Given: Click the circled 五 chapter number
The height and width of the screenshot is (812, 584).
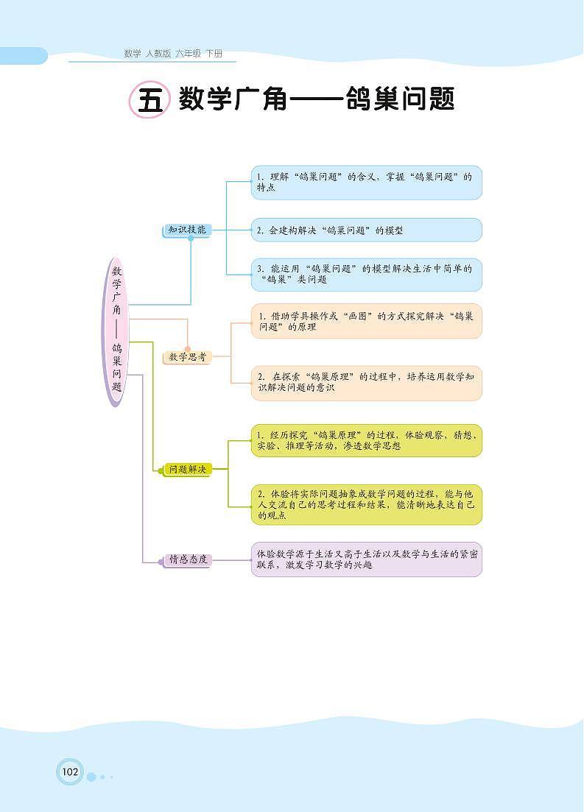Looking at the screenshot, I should coord(149,101).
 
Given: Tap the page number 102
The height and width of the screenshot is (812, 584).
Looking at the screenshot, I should coord(70,772).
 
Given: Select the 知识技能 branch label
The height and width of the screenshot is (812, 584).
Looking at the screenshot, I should coord(186,230).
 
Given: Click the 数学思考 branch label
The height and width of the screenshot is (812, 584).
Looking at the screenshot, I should coord(187,357).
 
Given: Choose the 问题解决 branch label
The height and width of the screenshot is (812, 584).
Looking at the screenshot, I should coord(187,469).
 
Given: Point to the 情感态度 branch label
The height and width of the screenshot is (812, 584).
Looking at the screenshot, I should coord(187,560).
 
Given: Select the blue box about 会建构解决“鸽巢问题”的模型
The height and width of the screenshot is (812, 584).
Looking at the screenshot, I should coord(366,230).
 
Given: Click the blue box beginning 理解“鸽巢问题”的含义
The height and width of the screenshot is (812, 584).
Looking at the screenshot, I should coord(366,182).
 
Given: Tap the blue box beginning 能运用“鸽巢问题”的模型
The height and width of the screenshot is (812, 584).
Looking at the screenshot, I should coord(366,274).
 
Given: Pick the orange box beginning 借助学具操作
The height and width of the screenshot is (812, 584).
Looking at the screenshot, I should coord(366,321).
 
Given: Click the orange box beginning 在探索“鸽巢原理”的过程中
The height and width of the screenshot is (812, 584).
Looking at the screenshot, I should coord(366,382).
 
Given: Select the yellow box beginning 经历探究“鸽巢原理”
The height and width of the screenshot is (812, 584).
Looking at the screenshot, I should coord(366,440).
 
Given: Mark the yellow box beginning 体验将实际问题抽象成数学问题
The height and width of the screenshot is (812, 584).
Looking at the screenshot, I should coord(366,504).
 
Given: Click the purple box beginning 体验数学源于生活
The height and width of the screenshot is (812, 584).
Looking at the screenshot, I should coord(366,559).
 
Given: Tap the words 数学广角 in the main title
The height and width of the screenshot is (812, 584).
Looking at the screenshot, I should coord(233,100).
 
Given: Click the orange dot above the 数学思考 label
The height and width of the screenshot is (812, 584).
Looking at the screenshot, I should coord(188,349).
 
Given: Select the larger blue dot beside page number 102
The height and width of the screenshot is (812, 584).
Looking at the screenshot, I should coord(91,777).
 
